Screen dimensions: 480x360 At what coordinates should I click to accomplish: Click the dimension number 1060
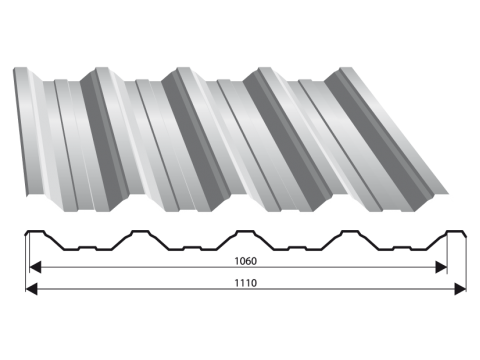pyautogui.click(x=246, y=261)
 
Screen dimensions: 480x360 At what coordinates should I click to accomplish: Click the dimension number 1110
pyautogui.click(x=246, y=283)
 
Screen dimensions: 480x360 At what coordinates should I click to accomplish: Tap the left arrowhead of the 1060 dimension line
pyautogui.click(x=35, y=267)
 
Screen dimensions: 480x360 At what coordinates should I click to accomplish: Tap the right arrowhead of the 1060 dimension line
pyautogui.click(x=441, y=267)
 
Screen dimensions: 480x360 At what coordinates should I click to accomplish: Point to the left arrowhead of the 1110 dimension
pyautogui.click(x=31, y=289)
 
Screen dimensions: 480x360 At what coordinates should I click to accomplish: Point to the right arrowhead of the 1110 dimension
pyautogui.click(x=460, y=289)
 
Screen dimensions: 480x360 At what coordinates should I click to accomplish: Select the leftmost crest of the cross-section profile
pyautogui.click(x=36, y=231)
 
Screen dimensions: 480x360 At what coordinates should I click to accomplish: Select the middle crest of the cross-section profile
pyautogui.click(x=245, y=231)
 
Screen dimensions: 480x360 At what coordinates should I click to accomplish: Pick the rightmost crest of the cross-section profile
pyautogui.click(x=455, y=231)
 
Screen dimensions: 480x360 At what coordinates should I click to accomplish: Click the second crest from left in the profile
pyautogui.click(x=140, y=231)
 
